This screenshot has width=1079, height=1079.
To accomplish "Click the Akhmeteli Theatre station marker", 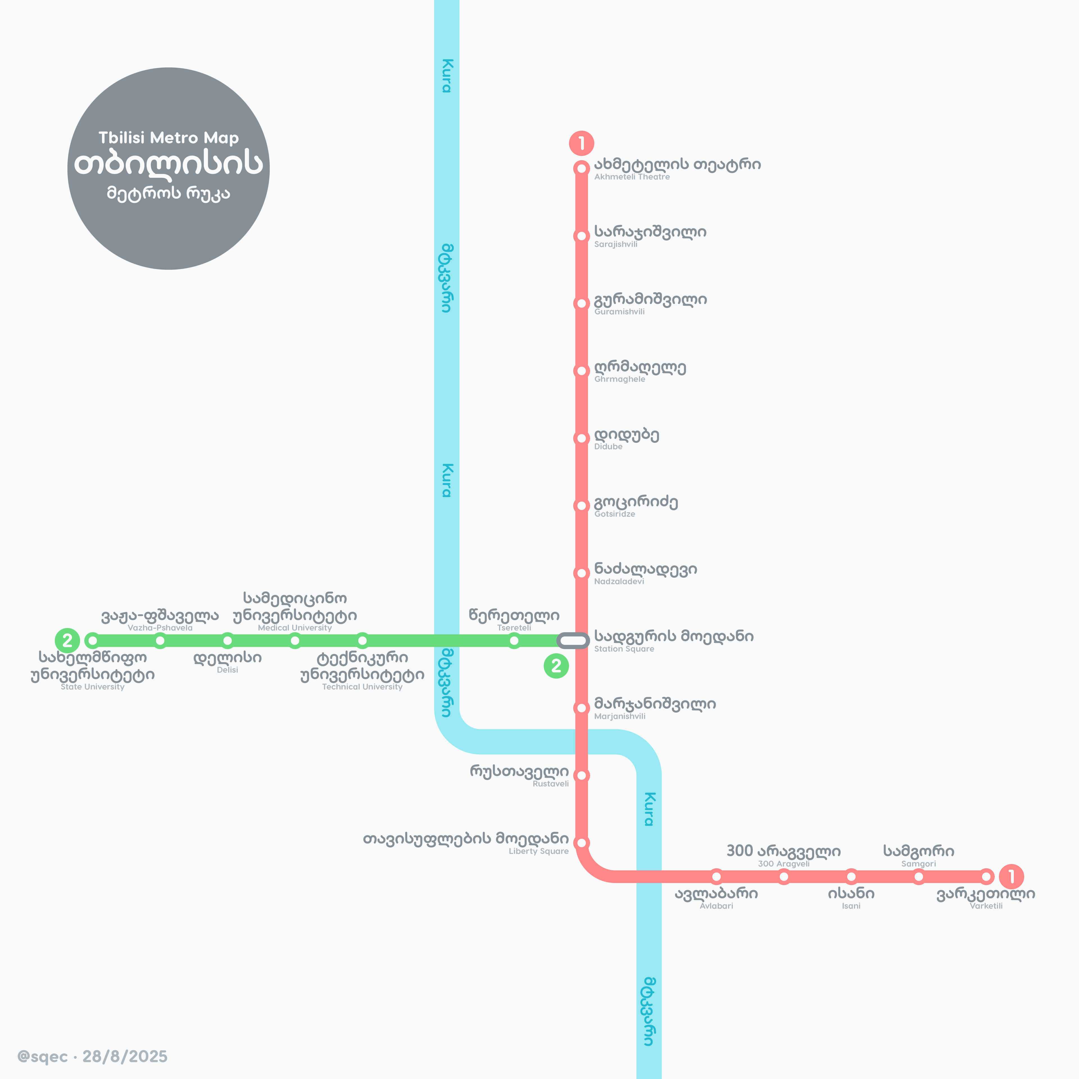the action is pos(581,168).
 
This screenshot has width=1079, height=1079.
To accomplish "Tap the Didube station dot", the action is pos(581,438).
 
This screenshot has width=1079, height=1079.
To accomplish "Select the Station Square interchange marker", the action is pos(573,641).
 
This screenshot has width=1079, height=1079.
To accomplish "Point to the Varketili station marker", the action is pos(986,877).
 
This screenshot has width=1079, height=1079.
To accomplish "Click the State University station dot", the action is pos(93,641).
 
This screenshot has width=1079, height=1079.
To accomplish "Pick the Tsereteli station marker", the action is pos(514,641).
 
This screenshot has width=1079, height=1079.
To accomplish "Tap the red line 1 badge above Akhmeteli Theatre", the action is pos(581,143).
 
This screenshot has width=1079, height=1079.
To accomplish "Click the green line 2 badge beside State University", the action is pos(67,641).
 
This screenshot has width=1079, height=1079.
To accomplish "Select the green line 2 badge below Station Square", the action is pos(556,666).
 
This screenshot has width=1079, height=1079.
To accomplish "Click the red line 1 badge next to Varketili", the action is pos(1012,877).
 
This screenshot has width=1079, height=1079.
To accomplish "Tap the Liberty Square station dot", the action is pos(581,843).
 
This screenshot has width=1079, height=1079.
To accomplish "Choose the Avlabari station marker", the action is pos(717,877).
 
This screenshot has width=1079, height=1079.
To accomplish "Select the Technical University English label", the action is pos(362,687).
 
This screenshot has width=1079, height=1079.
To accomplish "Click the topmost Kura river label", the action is pos(447,75).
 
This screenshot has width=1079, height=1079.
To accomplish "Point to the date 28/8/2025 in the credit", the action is pos(125,1057).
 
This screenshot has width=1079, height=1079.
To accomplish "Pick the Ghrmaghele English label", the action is pos(619,379).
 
